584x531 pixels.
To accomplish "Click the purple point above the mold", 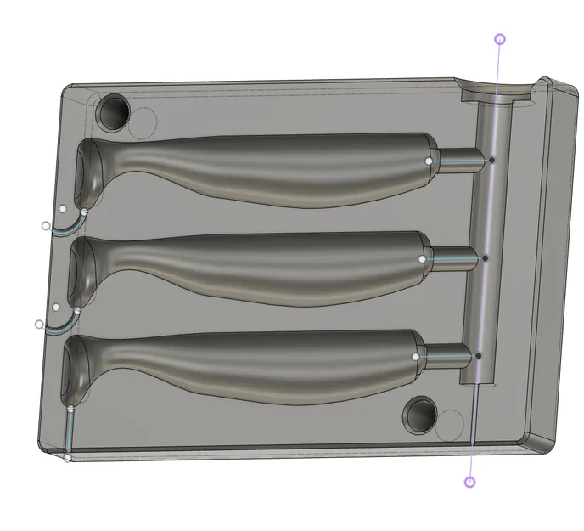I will pos(500,39).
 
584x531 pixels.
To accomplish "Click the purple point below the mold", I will pos(470,482).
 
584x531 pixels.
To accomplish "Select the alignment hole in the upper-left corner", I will pos(114,110).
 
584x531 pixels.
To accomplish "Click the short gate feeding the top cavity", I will pos(458,159).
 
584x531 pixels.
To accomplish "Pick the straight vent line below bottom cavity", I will pos(69,433).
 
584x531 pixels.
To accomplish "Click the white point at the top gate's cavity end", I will pos(429,160).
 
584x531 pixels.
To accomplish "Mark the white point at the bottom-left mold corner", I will pos(68,458).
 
